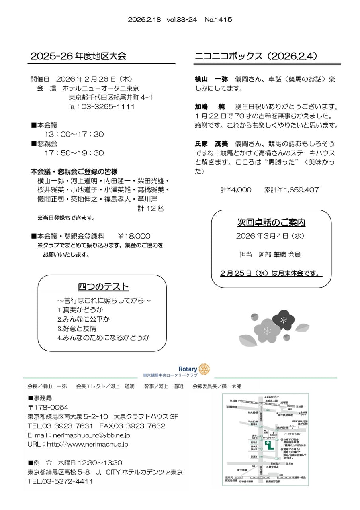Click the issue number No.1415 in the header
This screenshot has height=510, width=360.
218,19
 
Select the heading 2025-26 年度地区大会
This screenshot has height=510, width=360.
78,56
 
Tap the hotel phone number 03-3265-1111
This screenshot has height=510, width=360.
108,107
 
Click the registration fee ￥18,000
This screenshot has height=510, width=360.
134,236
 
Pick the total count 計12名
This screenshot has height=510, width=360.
151,208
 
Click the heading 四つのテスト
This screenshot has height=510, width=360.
104,287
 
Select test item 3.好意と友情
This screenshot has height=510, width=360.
76,329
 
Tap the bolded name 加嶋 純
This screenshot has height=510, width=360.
210,107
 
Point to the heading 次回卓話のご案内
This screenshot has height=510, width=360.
271,223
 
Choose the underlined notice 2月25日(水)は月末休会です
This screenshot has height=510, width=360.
271,274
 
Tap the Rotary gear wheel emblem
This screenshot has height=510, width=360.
204,369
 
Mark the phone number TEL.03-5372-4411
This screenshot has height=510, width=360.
60,481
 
